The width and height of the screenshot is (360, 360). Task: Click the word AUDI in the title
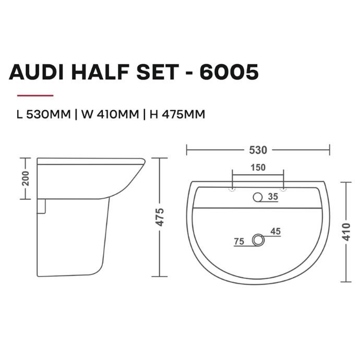coord(36,72)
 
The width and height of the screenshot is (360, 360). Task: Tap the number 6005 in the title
coord(229,72)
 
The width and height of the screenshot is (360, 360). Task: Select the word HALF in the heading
coord(100,72)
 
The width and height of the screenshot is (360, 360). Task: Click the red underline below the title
coord(35,95)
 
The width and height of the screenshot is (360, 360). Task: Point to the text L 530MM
coord(44,114)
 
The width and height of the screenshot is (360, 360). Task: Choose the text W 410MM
coord(110,114)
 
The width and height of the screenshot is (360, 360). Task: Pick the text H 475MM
coord(177,114)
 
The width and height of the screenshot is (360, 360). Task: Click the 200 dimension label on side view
coord(25,178)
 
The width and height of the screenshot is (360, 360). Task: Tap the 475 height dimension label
coord(160,217)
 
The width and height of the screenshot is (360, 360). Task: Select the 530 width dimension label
coord(258,150)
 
